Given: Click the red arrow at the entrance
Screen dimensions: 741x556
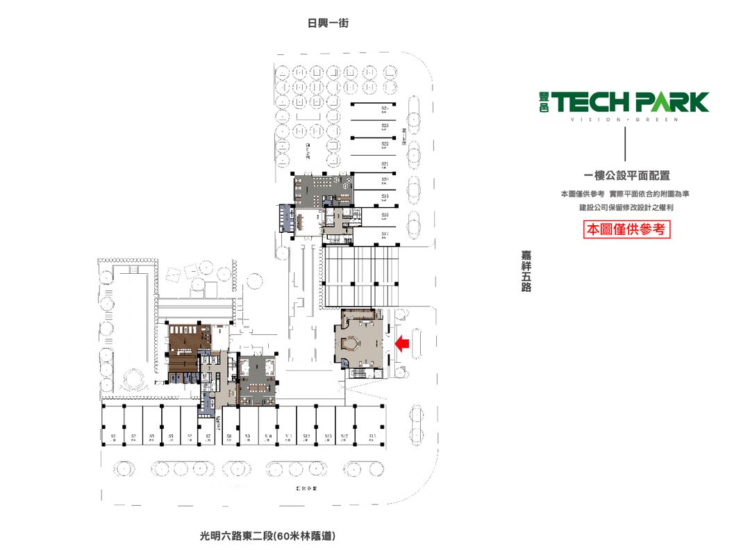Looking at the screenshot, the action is click(x=402, y=343).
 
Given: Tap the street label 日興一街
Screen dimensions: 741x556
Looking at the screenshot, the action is click(x=328, y=23).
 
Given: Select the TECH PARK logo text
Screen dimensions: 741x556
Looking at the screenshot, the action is click(x=631, y=102).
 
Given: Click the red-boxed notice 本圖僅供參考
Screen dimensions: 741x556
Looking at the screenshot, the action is click(x=626, y=229).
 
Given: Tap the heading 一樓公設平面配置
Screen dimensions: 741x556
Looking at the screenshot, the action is click(x=626, y=177).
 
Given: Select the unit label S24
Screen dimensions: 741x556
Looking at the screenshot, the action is click(x=385, y=109).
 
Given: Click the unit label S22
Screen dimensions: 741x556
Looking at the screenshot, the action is click(x=385, y=144).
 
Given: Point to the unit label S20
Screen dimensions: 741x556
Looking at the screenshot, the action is click(x=385, y=180).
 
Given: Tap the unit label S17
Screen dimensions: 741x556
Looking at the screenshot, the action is click(x=385, y=235).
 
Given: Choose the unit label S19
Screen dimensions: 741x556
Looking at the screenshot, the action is click(x=385, y=197).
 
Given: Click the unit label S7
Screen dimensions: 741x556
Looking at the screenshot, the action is click(x=208, y=436).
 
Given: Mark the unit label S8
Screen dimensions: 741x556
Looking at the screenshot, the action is click(x=228, y=436).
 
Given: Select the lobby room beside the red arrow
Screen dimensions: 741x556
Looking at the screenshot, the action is click(x=358, y=340).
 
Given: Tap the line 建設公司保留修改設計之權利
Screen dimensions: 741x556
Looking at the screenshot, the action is click(x=626, y=207).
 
